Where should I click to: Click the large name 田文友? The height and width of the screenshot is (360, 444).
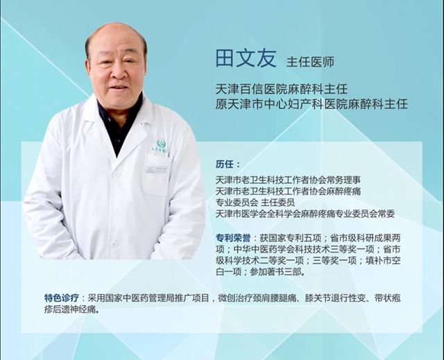(x=246, y=58)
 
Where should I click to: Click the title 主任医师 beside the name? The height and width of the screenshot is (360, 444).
(x=311, y=62)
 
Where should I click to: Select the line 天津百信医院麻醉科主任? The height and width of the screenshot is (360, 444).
(x=282, y=89)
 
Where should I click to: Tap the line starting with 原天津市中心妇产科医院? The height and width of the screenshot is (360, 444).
(x=311, y=104)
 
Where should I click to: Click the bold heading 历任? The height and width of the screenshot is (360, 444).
(x=228, y=164)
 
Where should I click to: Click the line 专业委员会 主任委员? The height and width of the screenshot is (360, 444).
(x=255, y=203)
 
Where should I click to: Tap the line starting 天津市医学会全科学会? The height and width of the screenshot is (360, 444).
(x=305, y=214)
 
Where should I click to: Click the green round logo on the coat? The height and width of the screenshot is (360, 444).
(x=160, y=142)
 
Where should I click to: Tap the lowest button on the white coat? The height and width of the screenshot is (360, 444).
(x=114, y=244)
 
